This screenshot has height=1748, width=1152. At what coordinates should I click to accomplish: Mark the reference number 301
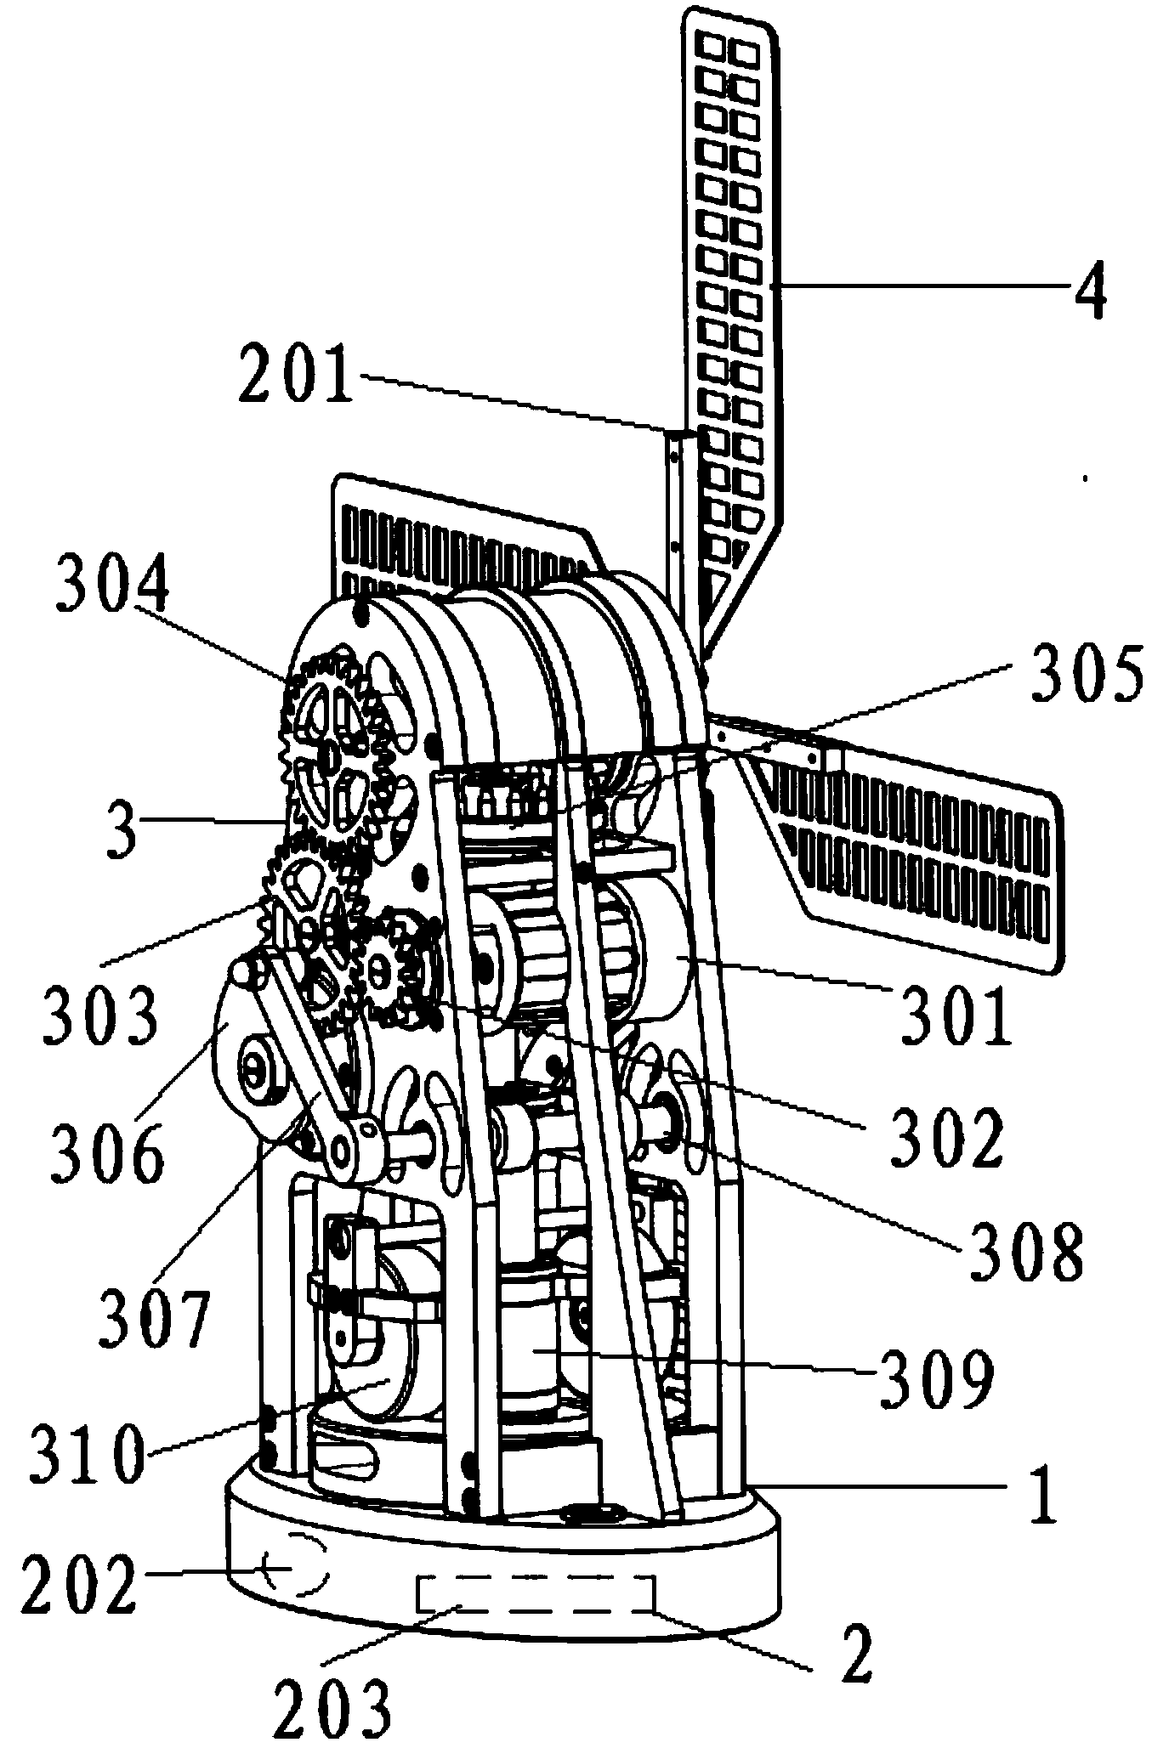pos(956,1015)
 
